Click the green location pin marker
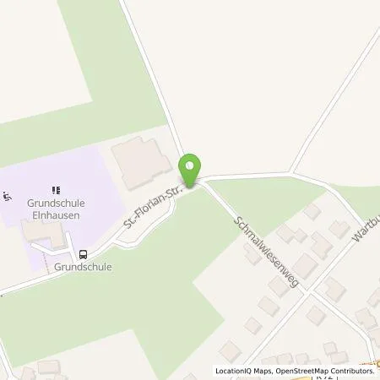click(x=192, y=170)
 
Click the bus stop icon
click(x=83, y=252)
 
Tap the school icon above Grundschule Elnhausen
click(x=57, y=189)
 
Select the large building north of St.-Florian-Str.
click(x=141, y=164)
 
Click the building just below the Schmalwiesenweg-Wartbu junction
click(x=316, y=316)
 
